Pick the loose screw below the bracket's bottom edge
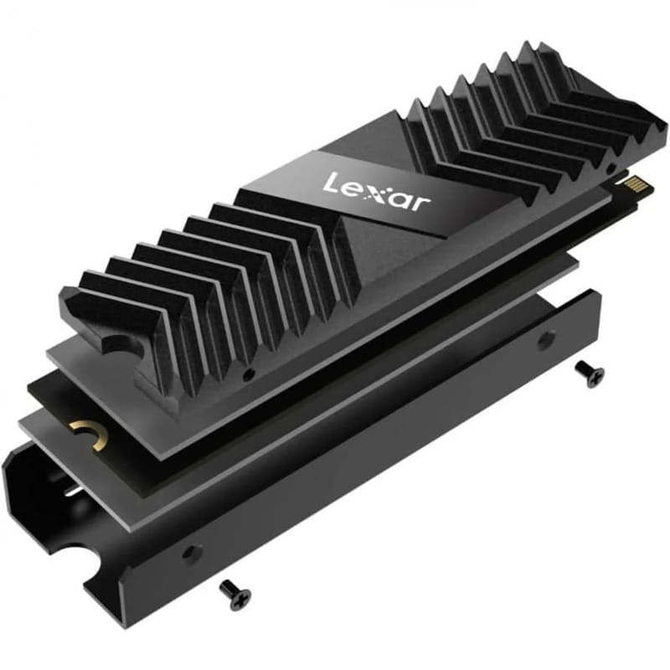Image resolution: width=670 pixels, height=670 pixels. click(234, 593)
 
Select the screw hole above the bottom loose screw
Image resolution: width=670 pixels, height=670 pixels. click(193, 553)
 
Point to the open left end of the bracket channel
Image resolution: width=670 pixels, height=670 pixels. click(33, 494)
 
